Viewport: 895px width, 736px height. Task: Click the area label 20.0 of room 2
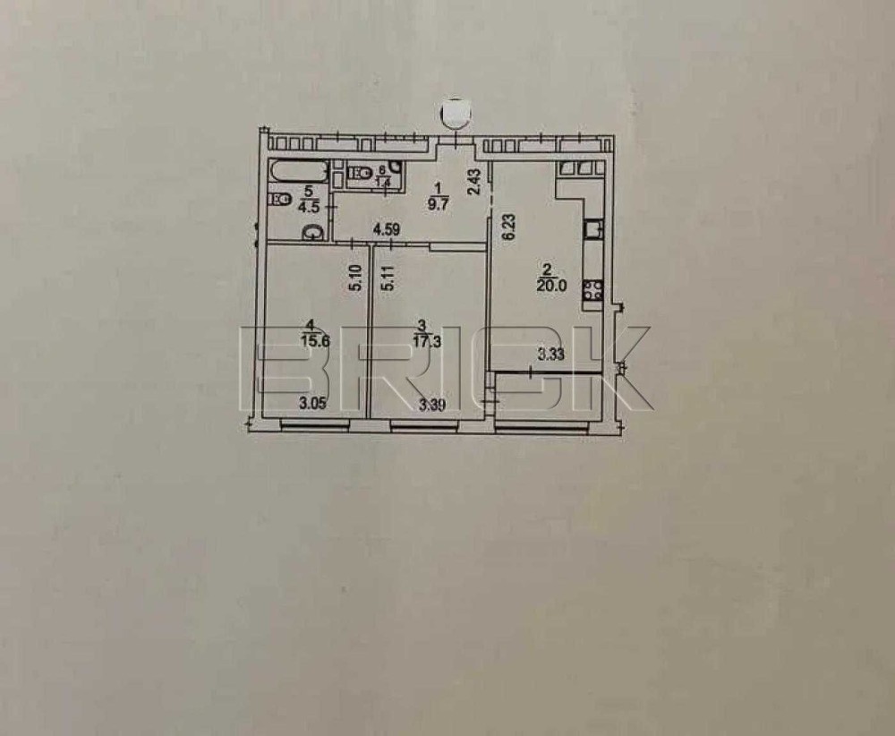point(550,286)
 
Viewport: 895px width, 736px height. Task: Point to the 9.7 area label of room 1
point(439,204)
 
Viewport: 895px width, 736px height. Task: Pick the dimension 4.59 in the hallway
point(386,231)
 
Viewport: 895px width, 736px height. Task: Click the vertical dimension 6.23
point(509,228)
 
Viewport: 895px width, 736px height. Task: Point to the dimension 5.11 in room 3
point(388,278)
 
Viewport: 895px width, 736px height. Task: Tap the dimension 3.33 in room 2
point(550,355)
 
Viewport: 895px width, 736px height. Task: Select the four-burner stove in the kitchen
point(593,290)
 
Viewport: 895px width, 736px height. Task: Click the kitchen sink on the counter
point(594,228)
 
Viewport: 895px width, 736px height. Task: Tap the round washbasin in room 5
point(311,232)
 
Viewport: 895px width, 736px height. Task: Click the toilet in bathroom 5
point(279,200)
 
